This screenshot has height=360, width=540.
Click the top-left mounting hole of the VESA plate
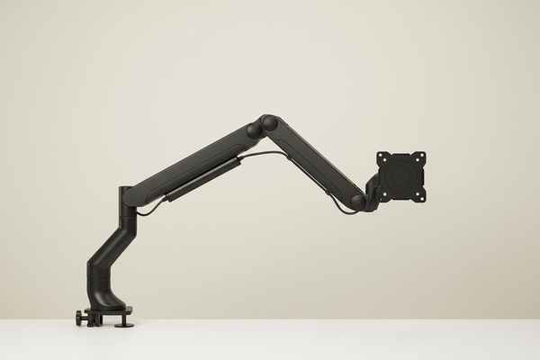[x=382, y=157]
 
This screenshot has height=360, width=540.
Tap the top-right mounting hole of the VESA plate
[x=420, y=157]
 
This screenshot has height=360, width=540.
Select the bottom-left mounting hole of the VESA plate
[x=382, y=195]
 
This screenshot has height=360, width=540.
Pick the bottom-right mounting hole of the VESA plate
[x=420, y=195]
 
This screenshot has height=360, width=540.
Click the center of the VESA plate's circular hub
[x=401, y=176]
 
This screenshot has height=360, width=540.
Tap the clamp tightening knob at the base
[x=81, y=318]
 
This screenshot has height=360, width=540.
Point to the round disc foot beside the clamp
[x=122, y=321]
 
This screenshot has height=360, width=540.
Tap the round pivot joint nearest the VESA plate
[x=358, y=202]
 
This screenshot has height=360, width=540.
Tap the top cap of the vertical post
[x=126, y=192]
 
